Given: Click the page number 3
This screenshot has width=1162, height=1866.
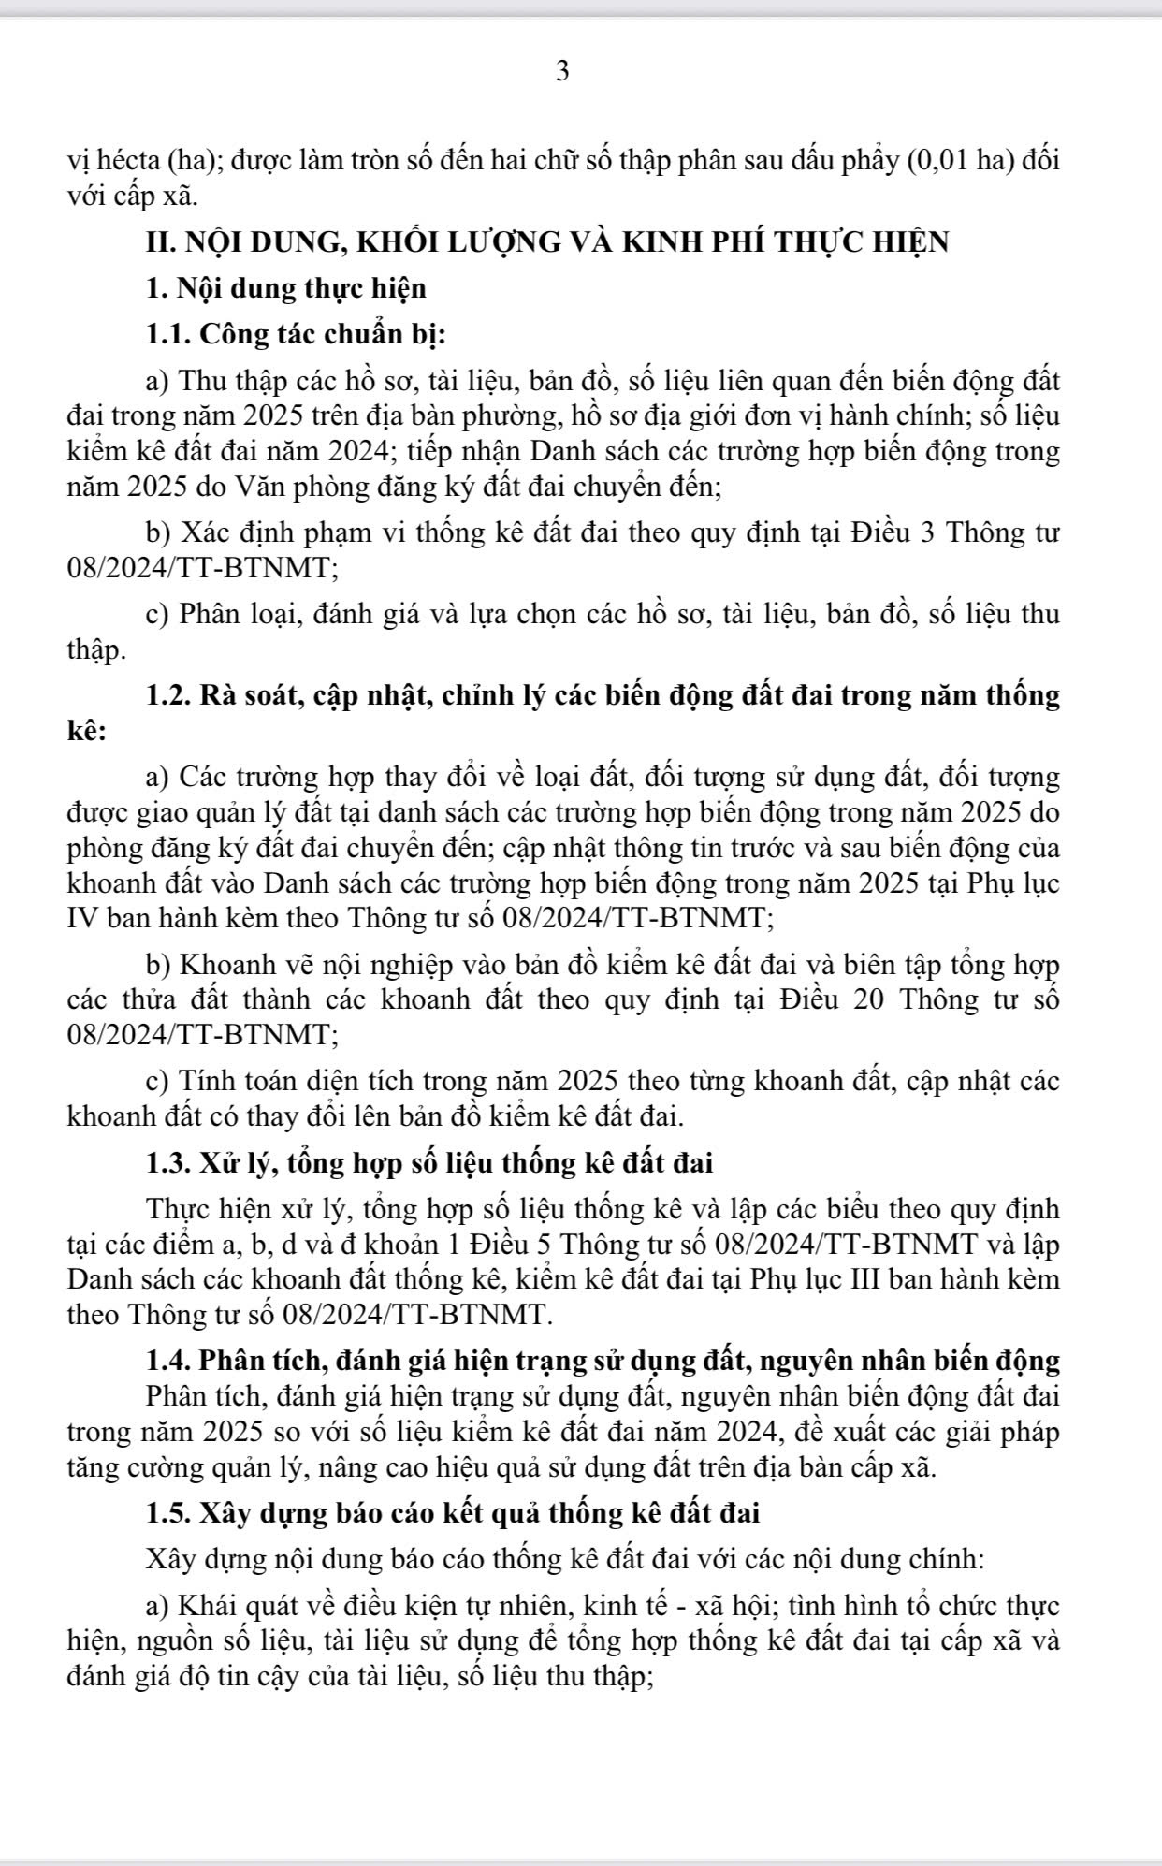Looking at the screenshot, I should [x=562, y=71].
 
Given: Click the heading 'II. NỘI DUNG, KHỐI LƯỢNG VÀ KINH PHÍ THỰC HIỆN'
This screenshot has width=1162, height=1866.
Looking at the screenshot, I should [x=547, y=241].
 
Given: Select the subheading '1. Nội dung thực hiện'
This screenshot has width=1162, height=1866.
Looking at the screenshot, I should [x=286, y=288].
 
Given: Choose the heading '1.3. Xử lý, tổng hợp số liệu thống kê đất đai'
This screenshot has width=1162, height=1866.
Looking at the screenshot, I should [x=429, y=1163].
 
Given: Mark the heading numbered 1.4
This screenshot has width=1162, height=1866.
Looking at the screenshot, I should [x=603, y=1359].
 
